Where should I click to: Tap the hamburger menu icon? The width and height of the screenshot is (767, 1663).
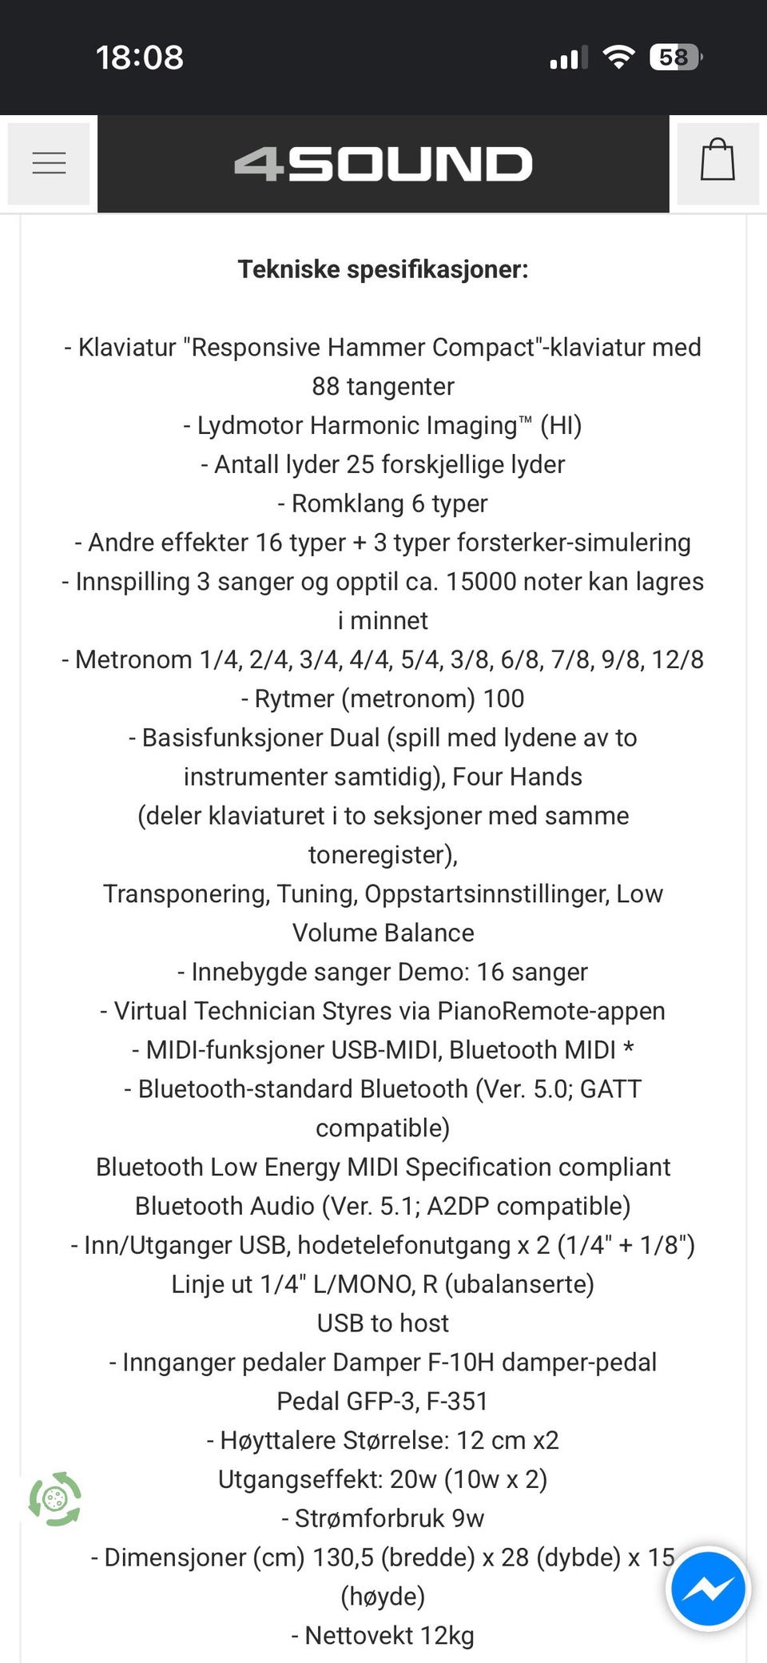point(49,163)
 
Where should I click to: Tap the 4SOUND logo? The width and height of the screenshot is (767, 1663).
point(383,164)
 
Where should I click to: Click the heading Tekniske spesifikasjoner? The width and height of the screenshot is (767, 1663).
point(383,269)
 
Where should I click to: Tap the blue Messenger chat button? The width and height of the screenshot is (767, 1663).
point(708,1589)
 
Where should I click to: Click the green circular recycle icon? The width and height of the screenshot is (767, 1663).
point(55,1498)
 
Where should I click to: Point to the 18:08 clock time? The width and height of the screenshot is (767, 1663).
point(140,58)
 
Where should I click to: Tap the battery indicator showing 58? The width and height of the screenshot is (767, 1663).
point(675,58)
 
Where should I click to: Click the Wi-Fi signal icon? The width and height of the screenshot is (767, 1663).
point(618,57)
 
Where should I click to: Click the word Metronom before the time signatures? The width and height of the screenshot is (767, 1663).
point(133,660)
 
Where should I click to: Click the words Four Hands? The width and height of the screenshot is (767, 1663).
point(518,777)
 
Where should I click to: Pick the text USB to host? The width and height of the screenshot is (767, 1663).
point(383,1323)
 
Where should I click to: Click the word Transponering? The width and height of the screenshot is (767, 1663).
point(186,894)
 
